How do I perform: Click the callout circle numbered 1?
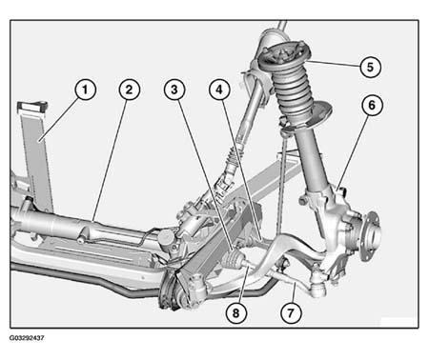tap(85, 90)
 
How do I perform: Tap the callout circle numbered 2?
tap(129, 90)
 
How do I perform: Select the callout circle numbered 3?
tap(174, 90)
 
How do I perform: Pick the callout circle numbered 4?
tap(219, 90)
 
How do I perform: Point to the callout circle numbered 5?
tap(371, 67)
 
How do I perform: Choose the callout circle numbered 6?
tap(372, 105)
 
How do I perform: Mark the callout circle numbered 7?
tap(291, 313)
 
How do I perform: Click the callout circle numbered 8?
tap(235, 313)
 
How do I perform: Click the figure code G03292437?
tap(27, 338)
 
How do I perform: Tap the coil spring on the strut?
tap(293, 93)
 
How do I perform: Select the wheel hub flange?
tap(372, 235)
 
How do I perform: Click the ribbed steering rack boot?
tap(233, 261)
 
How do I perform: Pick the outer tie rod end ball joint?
tap(318, 286)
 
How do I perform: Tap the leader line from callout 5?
tap(335, 63)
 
